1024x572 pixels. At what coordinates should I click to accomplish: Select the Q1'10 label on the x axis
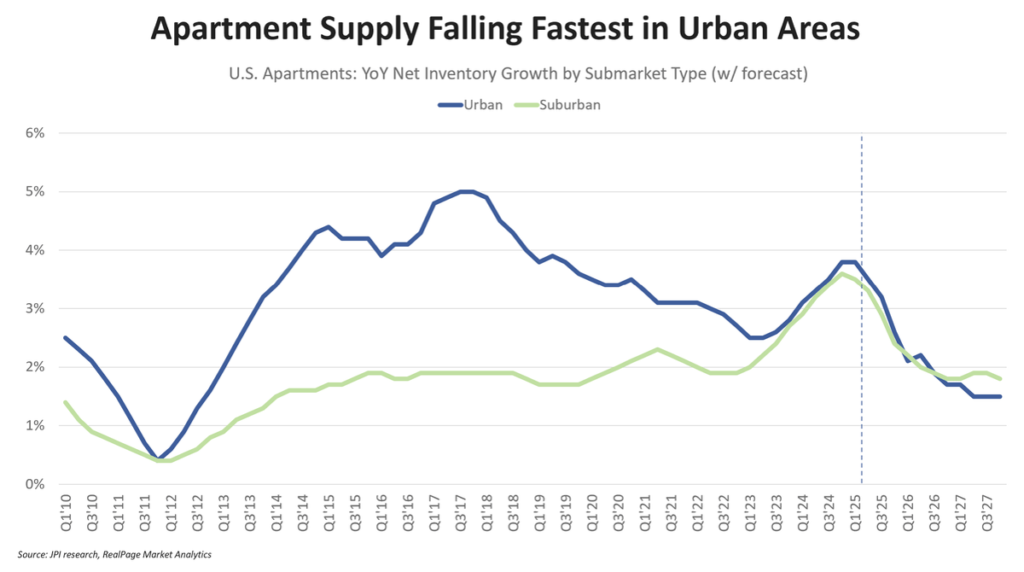(x=66, y=511)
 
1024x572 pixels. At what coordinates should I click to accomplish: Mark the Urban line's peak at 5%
(x=466, y=191)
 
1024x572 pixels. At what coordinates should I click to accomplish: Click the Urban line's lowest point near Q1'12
(x=159, y=459)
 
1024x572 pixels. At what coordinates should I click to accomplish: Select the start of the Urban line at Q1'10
(x=66, y=338)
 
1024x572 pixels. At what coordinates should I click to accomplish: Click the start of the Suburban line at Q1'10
(x=66, y=402)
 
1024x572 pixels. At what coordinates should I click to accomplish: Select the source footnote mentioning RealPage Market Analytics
(x=114, y=555)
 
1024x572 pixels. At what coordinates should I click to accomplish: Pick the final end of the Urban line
(x=1000, y=396)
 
